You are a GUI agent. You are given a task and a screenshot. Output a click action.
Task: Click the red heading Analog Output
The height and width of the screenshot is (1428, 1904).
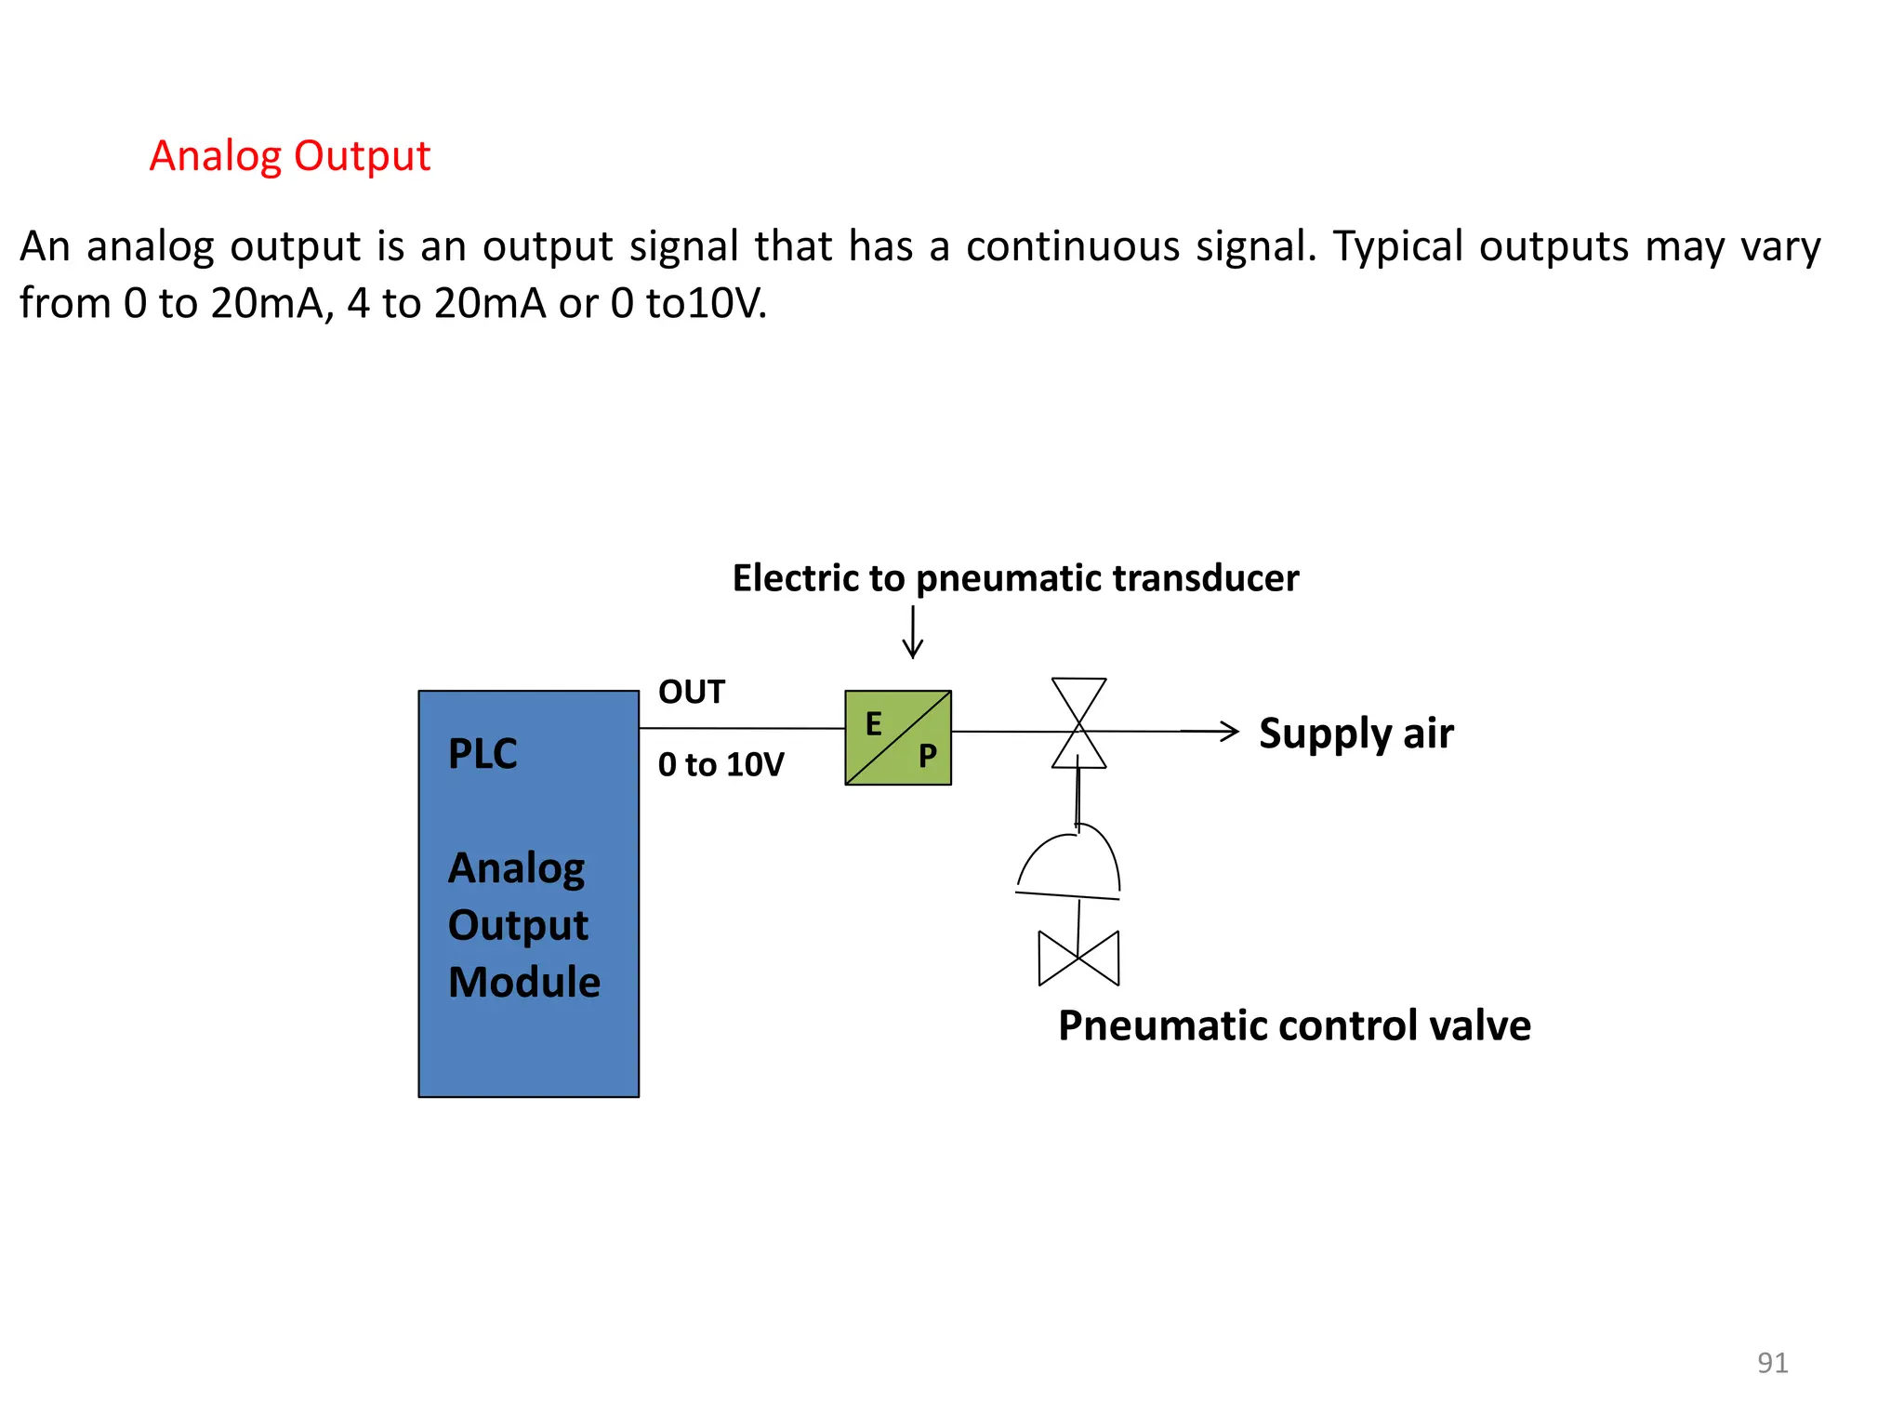click(289, 156)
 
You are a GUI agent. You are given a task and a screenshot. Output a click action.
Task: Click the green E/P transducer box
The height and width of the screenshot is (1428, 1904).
click(898, 737)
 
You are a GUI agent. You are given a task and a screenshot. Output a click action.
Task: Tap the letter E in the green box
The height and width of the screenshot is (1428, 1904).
click(874, 724)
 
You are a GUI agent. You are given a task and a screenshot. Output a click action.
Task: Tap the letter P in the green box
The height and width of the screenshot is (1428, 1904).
click(927, 756)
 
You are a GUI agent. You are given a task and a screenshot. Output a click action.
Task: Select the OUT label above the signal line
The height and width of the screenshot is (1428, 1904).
click(691, 693)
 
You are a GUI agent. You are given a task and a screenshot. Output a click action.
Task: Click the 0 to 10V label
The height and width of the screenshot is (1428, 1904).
click(721, 765)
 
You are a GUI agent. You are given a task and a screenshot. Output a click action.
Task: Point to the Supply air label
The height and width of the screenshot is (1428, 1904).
click(1355, 734)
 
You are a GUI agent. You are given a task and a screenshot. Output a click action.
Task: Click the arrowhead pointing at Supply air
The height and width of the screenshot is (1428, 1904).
click(1229, 732)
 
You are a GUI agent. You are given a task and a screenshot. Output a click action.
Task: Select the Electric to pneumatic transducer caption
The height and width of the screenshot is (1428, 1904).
click(1015, 578)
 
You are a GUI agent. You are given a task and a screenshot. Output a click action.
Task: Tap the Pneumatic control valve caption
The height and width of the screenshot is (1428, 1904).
click(1294, 1026)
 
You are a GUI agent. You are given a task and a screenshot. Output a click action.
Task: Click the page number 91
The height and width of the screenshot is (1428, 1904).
click(1772, 1363)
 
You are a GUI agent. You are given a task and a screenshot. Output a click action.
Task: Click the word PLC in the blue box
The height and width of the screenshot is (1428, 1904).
click(483, 754)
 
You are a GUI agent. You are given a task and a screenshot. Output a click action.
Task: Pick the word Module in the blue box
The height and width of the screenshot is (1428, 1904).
click(524, 983)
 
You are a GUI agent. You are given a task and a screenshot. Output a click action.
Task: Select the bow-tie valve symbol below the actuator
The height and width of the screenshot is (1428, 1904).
click(1078, 958)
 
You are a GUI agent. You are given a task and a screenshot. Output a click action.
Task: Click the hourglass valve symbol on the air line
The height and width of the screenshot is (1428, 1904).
click(1078, 723)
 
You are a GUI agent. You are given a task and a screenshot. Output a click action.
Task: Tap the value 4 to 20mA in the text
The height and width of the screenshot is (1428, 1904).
click(446, 304)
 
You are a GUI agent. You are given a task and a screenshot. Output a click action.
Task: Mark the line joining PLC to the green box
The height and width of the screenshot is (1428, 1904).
click(742, 729)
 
